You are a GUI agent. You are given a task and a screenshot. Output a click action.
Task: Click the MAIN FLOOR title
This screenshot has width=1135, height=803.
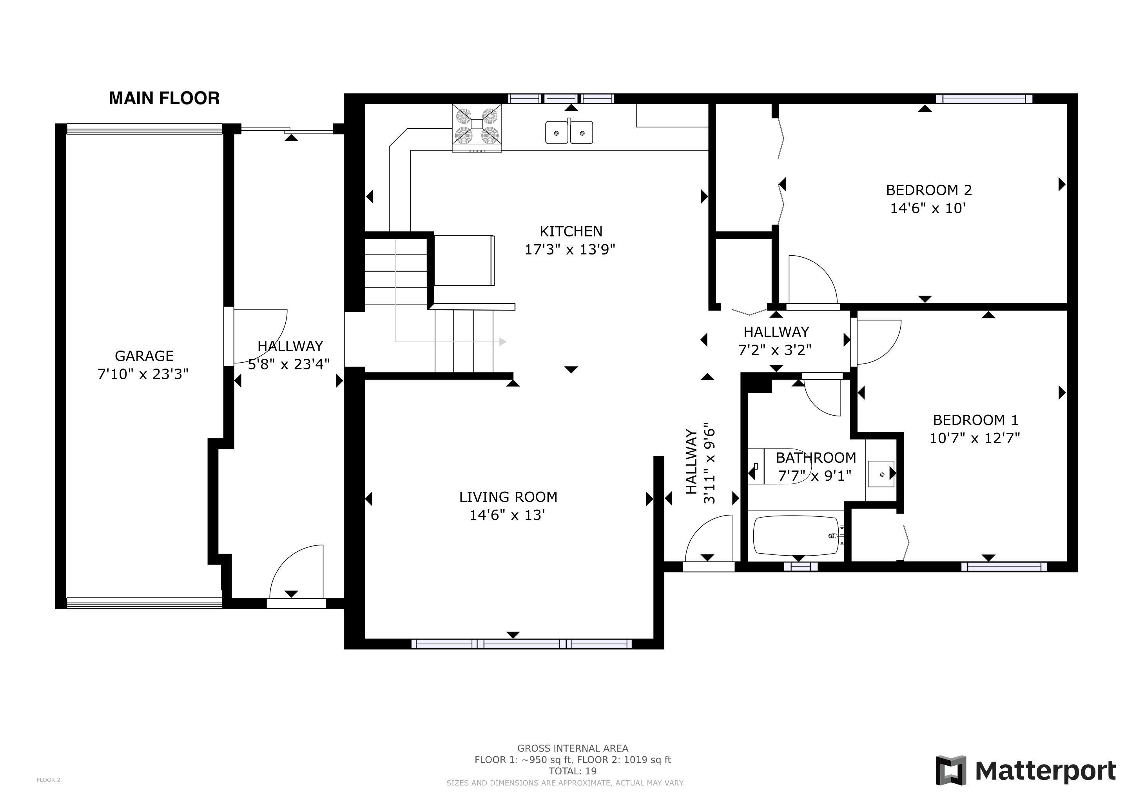[164, 98]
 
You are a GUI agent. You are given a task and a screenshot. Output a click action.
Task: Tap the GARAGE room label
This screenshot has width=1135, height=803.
[144, 356]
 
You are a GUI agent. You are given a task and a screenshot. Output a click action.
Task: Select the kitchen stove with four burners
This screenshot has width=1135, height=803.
[477, 128]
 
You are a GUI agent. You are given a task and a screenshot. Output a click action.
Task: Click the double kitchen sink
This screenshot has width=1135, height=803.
[569, 132]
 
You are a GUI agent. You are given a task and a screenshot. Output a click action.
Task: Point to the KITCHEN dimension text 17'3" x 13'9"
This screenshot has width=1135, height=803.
[569, 249]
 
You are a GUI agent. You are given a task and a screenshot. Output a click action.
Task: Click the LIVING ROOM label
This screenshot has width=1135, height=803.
[508, 496]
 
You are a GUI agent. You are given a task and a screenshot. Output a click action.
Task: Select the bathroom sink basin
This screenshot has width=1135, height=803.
[881, 474]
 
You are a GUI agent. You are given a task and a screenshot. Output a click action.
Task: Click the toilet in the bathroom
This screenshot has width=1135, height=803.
[779, 466]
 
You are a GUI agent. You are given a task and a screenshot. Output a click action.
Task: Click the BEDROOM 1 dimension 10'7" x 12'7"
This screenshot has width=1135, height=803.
[975, 438]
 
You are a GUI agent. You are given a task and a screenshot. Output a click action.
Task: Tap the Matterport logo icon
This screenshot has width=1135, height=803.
[951, 770]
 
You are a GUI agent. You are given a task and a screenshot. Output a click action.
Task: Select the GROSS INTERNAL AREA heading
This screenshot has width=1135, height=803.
[573, 748]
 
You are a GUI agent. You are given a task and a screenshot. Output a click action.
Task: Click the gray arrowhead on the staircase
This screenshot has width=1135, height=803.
[503, 342]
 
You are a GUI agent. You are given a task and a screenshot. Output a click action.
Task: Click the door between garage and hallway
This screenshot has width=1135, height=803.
[229, 336]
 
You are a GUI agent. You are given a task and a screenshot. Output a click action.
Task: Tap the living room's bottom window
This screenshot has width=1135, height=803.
[522, 644]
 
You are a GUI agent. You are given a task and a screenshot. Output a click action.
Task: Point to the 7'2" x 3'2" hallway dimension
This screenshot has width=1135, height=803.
[774, 350]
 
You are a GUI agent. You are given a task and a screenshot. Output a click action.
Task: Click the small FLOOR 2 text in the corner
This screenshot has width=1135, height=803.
[49, 780]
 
